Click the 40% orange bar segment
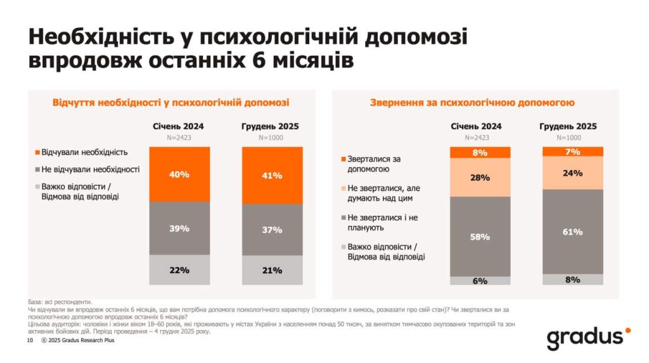(179, 174)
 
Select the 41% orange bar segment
(272, 175)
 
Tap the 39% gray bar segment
(179, 228)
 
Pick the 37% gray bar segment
(272, 230)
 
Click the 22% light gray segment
(179, 270)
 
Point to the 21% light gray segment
(272, 270)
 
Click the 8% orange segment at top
(480, 152)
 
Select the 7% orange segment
(572, 151)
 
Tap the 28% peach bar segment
(480, 177)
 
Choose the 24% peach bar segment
(572, 173)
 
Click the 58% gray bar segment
(480, 236)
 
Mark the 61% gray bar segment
(572, 232)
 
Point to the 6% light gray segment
(480, 280)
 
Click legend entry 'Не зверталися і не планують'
(378, 222)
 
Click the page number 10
(29, 341)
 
